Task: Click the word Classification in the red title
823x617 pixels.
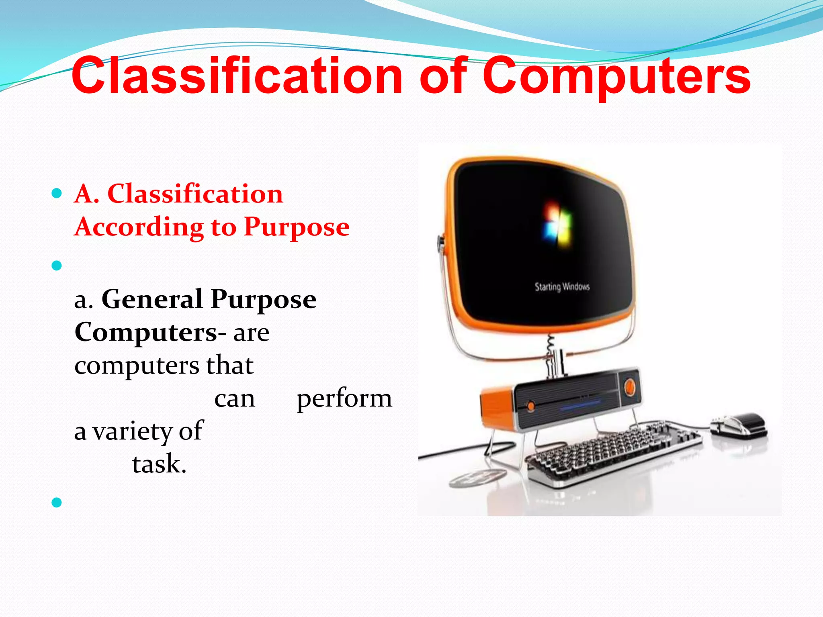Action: [x=237, y=76]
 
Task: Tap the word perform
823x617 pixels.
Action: [x=344, y=398]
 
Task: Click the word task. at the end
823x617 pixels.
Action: [x=159, y=464]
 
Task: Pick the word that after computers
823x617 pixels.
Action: [x=229, y=366]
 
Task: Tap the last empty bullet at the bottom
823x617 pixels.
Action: [x=57, y=502]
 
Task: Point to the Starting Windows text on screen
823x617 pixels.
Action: [x=562, y=286]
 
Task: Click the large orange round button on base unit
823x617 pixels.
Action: [x=629, y=387]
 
